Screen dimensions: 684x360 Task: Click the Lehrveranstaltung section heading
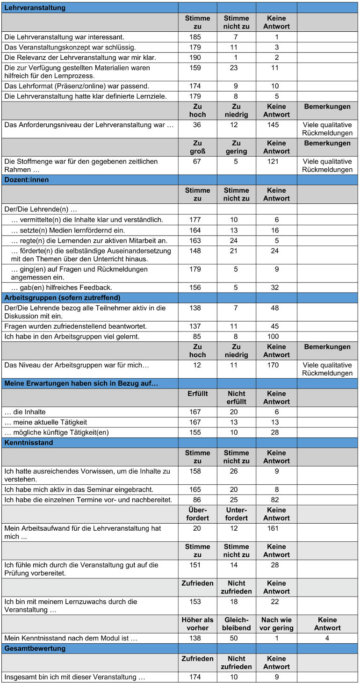point(35,7)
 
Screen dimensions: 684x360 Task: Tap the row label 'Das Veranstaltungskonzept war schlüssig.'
point(70,47)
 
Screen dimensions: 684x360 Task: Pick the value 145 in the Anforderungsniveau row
point(276,125)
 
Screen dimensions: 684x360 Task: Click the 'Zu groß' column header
point(197,147)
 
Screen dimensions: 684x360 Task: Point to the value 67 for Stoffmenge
point(197,161)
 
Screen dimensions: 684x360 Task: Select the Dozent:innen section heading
point(27,180)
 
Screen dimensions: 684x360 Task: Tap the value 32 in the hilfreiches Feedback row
point(276,288)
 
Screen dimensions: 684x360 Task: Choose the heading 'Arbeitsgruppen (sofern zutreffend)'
point(62,298)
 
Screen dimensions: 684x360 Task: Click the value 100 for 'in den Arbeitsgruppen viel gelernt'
point(276,337)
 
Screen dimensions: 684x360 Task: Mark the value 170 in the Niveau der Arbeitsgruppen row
point(276,365)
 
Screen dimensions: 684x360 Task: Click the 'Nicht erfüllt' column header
point(237,397)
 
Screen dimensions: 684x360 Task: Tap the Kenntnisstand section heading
point(29,442)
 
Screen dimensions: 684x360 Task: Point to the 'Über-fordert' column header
point(197,514)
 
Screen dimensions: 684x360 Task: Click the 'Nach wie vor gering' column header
point(276,624)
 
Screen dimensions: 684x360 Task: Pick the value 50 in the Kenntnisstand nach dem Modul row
point(237,638)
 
